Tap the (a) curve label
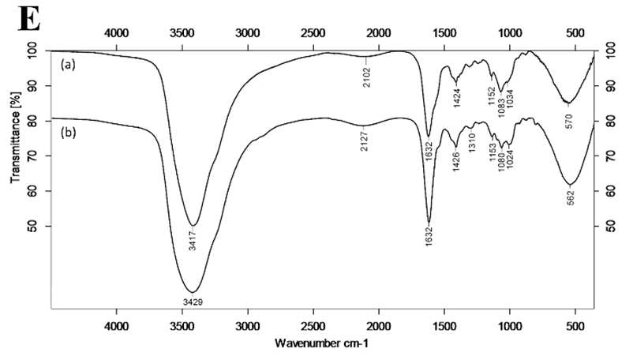pos(68,65)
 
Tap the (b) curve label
pos(68,133)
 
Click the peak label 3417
pos(193,240)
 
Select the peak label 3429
pos(193,302)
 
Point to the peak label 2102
pos(366,78)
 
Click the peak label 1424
pos(457,98)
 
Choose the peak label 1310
pos(472,142)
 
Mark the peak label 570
pos(569,122)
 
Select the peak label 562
pos(571,197)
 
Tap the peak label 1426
pos(456,161)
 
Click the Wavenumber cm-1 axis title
pos(321,343)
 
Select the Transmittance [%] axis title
pos(15,137)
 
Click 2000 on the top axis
pos(379,32)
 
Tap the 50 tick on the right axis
pos(610,227)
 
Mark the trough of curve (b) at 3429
pos(193,292)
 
